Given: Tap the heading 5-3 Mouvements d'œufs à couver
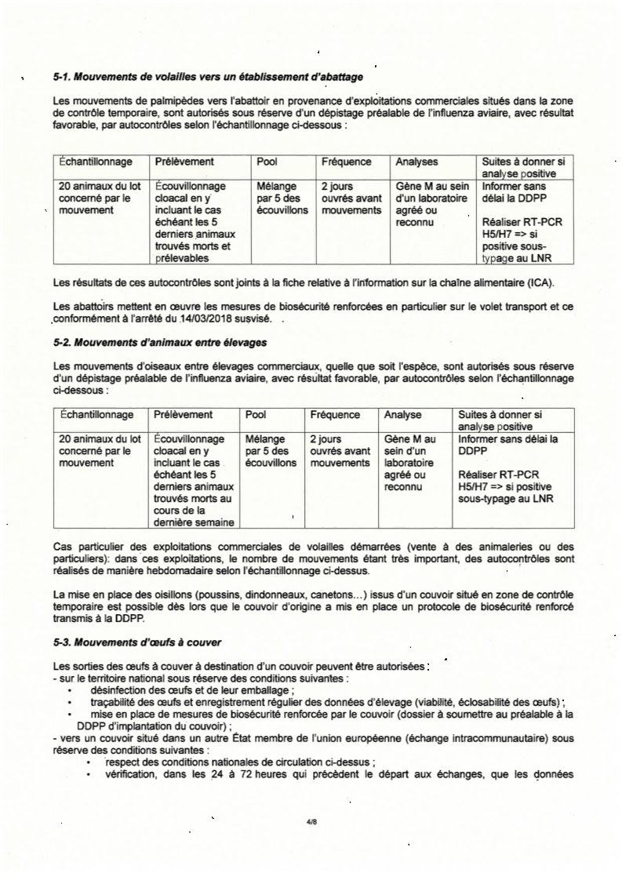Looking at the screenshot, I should click(137, 644).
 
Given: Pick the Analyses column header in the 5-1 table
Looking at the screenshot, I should click(416, 162).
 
